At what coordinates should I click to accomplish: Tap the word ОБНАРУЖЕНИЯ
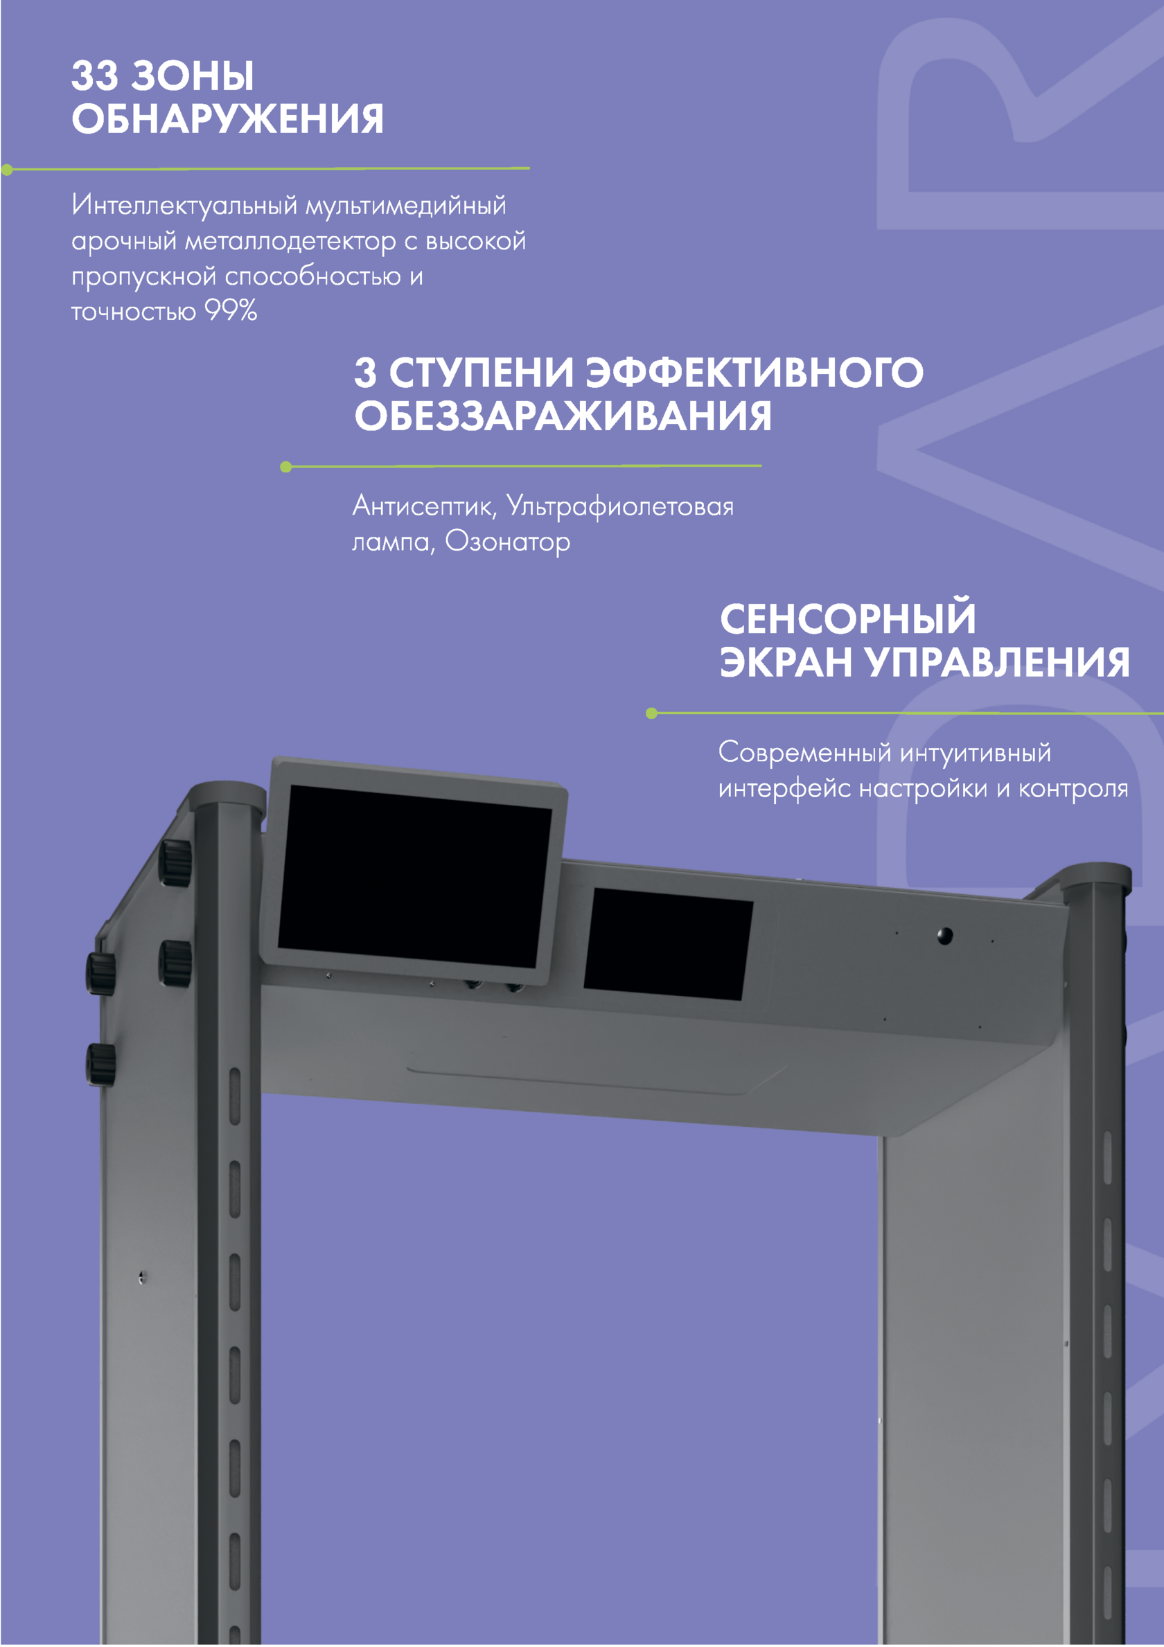227,118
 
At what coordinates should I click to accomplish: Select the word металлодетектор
290,242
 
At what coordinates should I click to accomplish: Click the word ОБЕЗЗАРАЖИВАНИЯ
563,416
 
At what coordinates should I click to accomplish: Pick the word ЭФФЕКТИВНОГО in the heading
755,373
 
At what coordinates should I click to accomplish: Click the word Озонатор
507,542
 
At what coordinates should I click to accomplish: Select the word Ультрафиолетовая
620,506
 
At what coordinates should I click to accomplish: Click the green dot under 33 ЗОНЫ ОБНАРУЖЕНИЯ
7,170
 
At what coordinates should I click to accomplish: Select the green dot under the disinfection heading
285,467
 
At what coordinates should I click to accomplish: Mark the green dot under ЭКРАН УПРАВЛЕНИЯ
651,713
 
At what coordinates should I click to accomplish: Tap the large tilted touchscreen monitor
414,870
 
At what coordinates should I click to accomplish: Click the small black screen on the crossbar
668,944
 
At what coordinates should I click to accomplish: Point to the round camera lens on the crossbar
945,936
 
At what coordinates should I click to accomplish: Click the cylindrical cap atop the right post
1095,877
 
